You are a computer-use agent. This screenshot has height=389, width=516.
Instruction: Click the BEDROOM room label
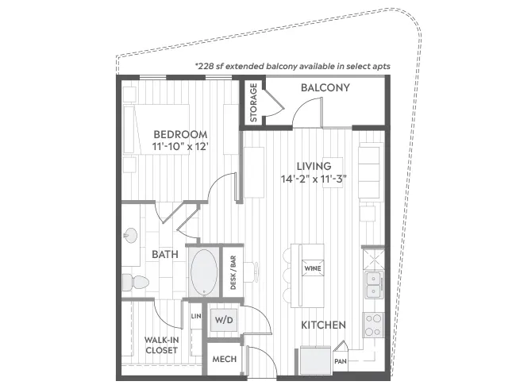coord(180,134)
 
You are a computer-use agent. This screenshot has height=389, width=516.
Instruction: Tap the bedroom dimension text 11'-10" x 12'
coord(181,146)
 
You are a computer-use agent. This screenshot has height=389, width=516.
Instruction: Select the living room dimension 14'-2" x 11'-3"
coord(314,179)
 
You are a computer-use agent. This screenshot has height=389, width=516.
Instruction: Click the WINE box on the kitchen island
coord(313,268)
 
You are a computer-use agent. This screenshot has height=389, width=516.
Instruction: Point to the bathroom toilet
coord(135,282)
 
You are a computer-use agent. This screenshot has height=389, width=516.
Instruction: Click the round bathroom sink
coord(131,236)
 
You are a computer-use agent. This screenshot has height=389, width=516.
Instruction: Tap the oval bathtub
coord(204,272)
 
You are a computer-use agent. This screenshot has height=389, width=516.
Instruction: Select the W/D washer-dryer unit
coord(224,320)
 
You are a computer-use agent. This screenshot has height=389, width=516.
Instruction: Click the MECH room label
coord(224,359)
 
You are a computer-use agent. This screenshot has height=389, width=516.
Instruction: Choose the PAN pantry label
coord(341,361)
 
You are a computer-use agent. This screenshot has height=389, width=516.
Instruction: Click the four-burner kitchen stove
coord(374,325)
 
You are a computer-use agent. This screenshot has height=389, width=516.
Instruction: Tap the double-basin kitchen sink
coord(374,285)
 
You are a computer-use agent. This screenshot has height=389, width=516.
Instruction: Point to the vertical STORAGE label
coord(253,102)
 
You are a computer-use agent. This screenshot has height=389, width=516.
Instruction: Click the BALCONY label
coord(325,87)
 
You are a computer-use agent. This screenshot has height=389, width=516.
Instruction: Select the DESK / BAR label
coord(233,273)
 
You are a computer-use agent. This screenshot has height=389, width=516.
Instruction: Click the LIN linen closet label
coord(196,316)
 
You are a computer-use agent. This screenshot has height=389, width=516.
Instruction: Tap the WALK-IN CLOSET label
coord(162,345)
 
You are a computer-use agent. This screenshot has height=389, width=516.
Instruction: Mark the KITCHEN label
coord(323,325)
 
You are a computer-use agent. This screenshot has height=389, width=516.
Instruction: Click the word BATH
coord(165,254)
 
